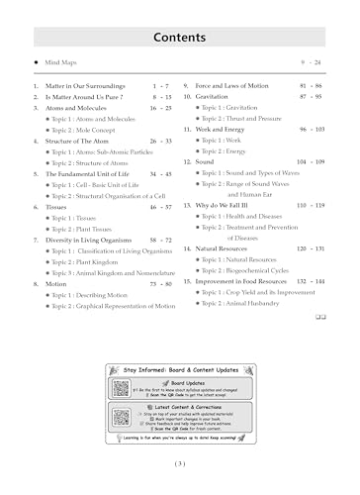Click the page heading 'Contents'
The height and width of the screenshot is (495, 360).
click(179, 38)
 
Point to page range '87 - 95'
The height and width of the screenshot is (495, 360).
click(311, 98)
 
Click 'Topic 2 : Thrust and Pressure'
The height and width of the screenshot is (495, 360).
click(250, 119)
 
